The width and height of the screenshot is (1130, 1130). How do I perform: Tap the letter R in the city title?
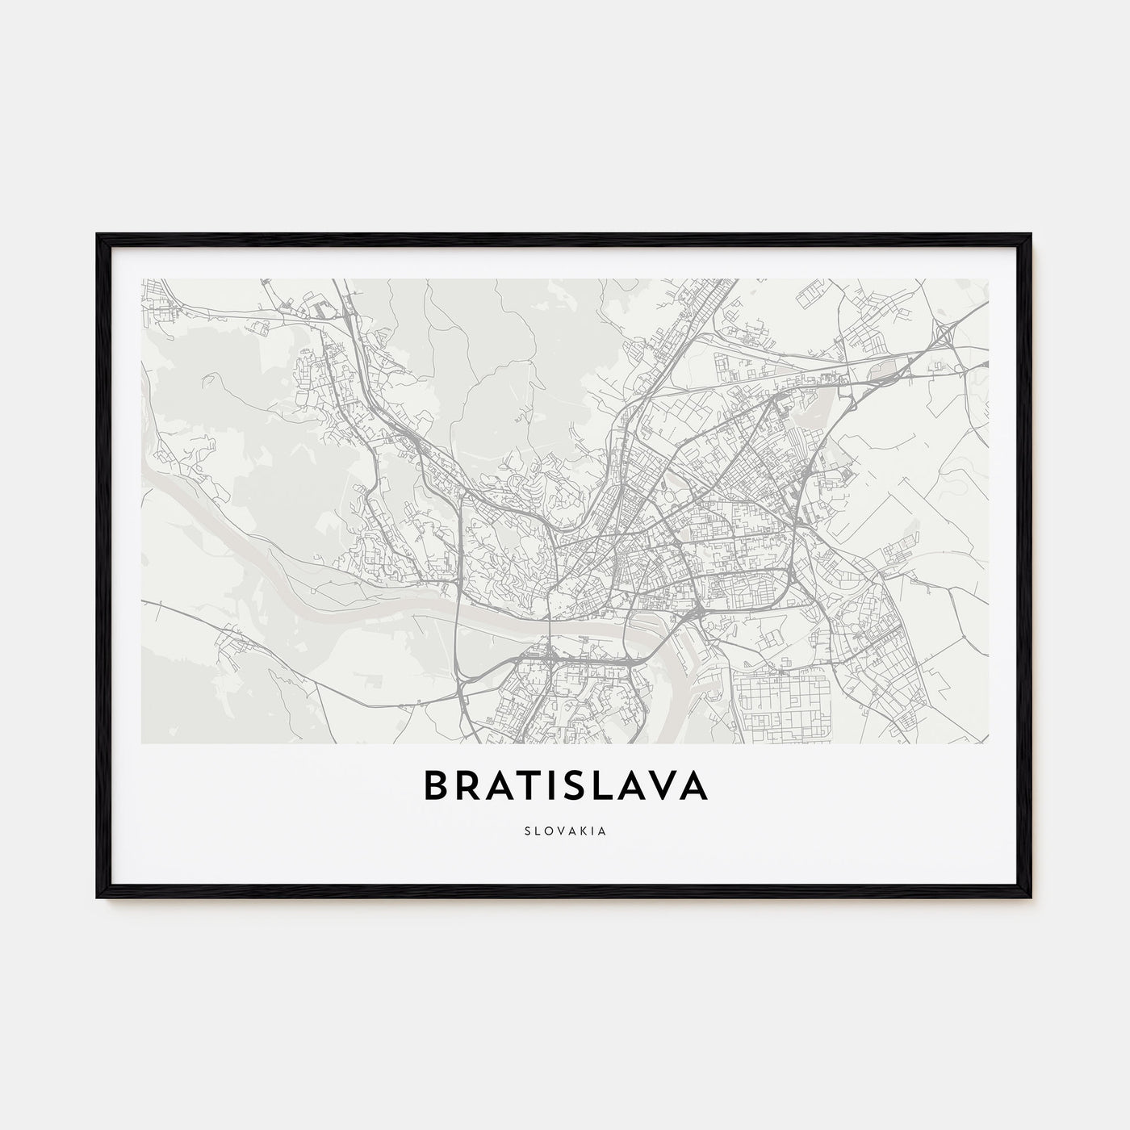(x=473, y=786)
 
